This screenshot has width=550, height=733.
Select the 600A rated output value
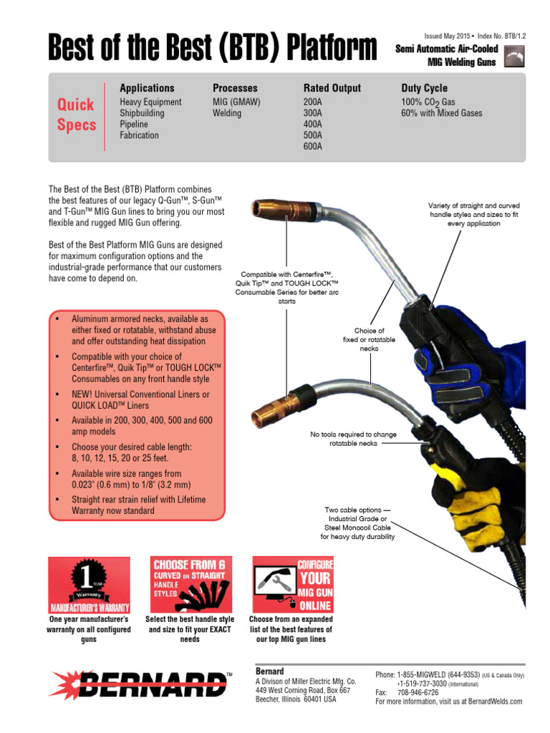point(313,146)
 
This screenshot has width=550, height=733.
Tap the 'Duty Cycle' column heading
point(424,88)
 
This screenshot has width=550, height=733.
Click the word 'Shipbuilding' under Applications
point(142,113)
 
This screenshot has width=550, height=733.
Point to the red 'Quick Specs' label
point(76,115)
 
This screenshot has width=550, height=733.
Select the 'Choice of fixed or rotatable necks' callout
point(369,339)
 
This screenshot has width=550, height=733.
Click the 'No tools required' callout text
point(353,439)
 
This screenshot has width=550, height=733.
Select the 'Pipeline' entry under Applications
point(134,124)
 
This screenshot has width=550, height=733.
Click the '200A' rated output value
point(313,102)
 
